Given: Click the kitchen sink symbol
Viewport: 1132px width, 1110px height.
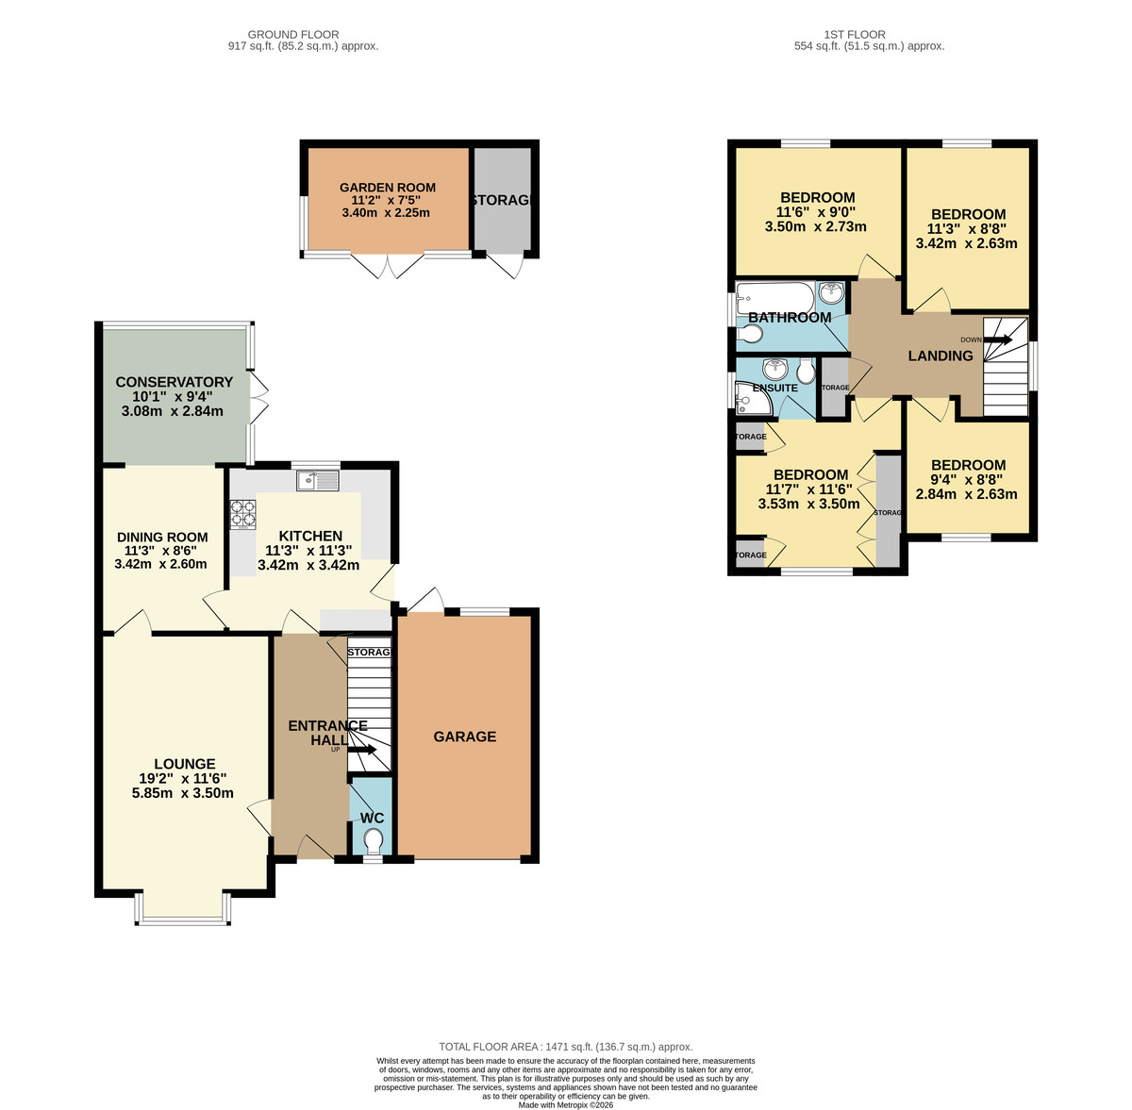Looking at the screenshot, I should [317, 481].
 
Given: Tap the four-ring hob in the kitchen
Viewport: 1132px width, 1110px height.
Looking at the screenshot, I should [242, 512].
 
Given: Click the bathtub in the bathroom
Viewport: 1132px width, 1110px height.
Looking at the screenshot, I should [774, 294].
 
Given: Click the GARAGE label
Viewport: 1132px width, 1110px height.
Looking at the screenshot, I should [464, 737].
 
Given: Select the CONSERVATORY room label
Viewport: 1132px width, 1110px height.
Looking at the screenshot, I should [174, 382].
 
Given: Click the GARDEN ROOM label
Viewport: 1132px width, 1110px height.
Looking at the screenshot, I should [387, 188].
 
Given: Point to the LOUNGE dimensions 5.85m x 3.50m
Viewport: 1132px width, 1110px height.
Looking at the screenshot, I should [183, 793].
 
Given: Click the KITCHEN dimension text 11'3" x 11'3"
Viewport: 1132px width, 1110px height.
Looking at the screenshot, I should [309, 551].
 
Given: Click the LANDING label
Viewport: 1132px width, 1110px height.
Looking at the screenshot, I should [940, 356].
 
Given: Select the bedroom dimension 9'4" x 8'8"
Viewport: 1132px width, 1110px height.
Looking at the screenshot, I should [968, 479].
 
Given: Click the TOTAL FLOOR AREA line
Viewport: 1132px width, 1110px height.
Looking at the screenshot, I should [566, 1047].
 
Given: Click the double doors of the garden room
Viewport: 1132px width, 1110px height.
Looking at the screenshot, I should [388, 265].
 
